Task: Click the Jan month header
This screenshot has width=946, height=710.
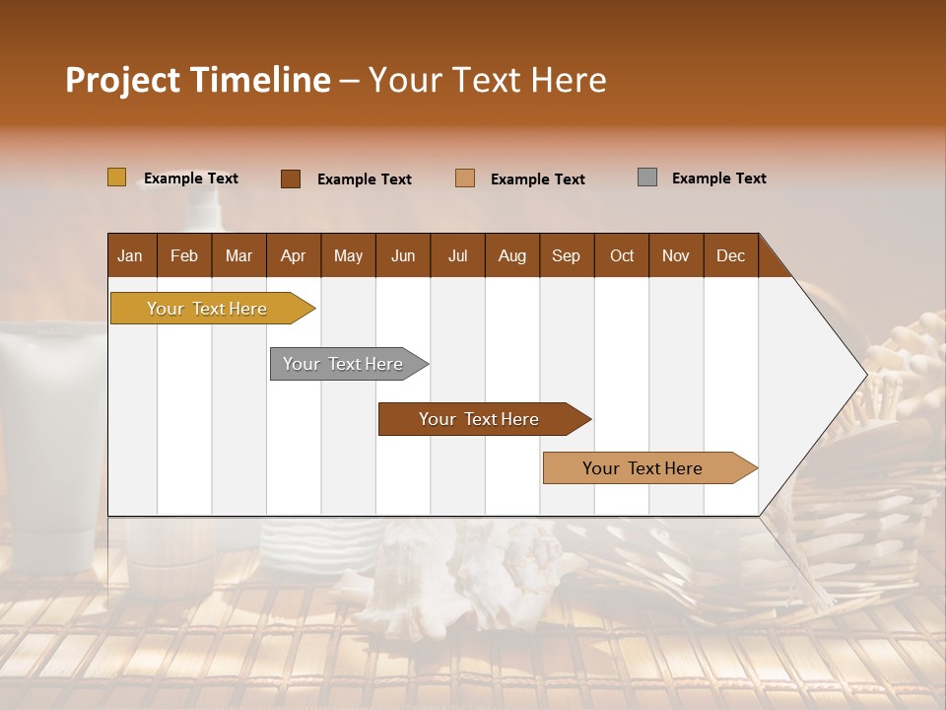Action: pyautogui.click(x=130, y=255)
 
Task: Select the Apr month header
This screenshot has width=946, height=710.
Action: pyautogui.click(x=293, y=255)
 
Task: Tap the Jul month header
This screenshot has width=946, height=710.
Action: pyautogui.click(x=457, y=255)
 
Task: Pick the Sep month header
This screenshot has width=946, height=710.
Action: pyautogui.click(x=566, y=255)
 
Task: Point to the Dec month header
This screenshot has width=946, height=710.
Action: pyautogui.click(x=730, y=255)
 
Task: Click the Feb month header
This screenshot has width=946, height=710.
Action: pyautogui.click(x=184, y=255)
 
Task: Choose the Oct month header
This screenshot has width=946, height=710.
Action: pyautogui.click(x=622, y=255)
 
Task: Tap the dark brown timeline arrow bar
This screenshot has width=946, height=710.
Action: pyautogui.click(x=480, y=419)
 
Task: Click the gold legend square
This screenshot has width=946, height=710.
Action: pyautogui.click(x=116, y=177)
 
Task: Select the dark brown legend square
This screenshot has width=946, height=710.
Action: pyautogui.click(x=290, y=178)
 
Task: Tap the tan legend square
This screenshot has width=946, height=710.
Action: pyautogui.click(x=465, y=178)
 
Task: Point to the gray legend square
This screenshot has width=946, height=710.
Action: pyautogui.click(x=646, y=177)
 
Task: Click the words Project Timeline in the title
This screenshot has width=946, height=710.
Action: pyautogui.click(x=197, y=80)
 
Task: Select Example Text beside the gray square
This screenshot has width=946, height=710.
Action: pyautogui.click(x=718, y=178)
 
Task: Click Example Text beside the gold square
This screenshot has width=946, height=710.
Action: pyautogui.click(x=190, y=178)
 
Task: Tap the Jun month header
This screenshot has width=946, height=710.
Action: pyautogui.click(x=403, y=255)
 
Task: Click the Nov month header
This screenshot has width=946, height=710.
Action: pyautogui.click(x=676, y=255)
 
